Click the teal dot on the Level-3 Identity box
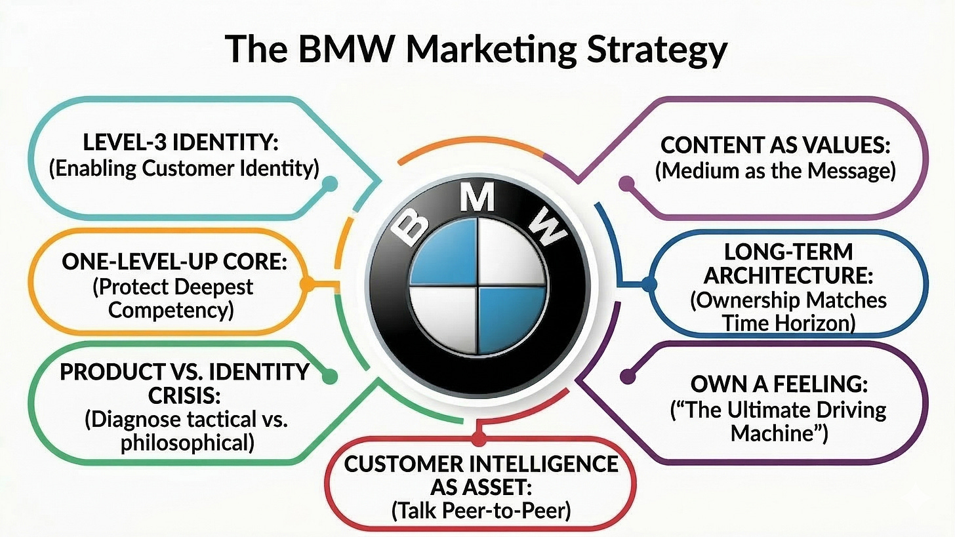(x=330, y=184)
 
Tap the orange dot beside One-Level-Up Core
(x=305, y=285)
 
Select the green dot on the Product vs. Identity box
(x=330, y=376)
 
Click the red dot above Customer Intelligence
(x=478, y=437)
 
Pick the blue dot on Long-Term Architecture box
(x=649, y=285)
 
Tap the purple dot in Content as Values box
(x=628, y=184)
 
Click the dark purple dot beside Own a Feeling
(x=628, y=376)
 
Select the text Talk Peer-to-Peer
(x=481, y=510)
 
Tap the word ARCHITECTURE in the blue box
(x=788, y=275)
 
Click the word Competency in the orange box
(x=171, y=309)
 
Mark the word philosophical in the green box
(x=187, y=442)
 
